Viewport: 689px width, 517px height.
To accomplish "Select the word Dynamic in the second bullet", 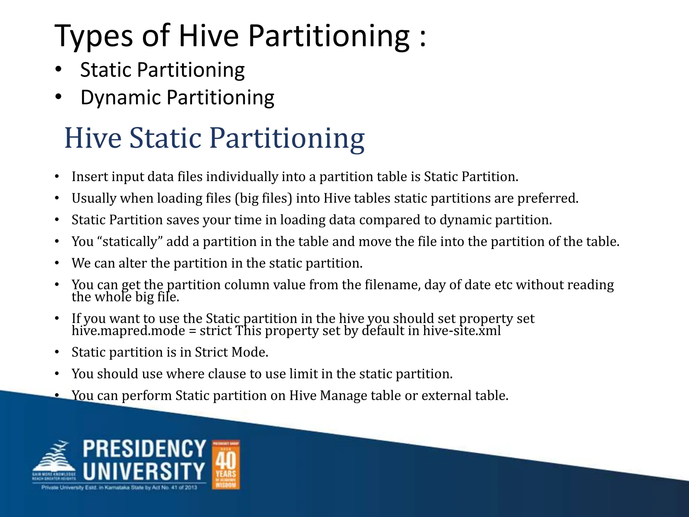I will [121, 98].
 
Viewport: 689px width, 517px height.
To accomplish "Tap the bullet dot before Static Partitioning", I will [59, 69].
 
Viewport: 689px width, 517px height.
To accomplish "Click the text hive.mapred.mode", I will [128, 331].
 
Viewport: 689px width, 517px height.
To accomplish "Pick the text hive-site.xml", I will [462, 331].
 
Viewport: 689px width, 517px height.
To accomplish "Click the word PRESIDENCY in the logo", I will [144, 449].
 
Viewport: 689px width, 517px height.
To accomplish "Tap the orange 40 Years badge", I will [226, 464].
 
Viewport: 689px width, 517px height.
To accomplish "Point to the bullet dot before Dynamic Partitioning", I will [59, 97].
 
